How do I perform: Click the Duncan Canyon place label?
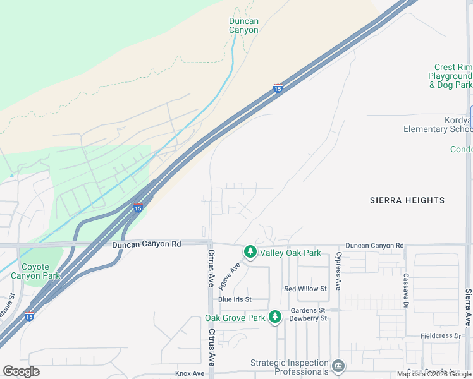243,25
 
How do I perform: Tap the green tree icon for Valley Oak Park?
250,252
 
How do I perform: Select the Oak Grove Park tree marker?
274,316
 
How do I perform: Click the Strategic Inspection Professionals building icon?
338,366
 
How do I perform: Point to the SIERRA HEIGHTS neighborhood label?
407,200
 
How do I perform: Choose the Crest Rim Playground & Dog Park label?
451,76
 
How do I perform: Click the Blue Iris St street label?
235,299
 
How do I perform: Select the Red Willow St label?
305,289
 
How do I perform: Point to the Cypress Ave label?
338,271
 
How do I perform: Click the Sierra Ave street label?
468,306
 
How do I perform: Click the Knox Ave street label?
190,373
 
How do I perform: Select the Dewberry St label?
308,318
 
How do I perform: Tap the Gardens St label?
307,310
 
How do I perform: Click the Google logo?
21,371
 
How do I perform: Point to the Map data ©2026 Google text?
434,375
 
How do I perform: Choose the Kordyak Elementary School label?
438,124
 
